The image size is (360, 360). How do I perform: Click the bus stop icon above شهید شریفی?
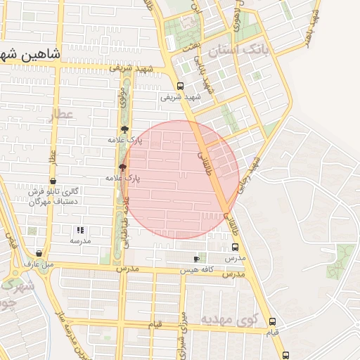point(181,86)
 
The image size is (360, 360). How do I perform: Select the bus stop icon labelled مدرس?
point(235,247)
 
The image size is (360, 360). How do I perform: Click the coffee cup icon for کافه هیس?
point(196,259)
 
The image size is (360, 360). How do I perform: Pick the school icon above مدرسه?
point(79,230)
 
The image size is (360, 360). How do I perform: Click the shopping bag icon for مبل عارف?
point(38,254)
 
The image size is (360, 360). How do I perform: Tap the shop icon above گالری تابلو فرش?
point(53,181)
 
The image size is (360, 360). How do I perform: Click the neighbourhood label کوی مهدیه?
point(226,319)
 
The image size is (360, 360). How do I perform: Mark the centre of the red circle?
point(180,179)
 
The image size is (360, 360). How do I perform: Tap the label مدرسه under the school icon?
point(79,240)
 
